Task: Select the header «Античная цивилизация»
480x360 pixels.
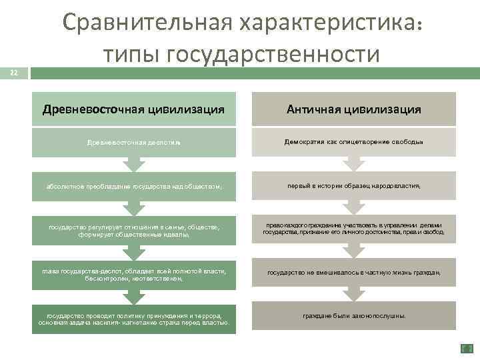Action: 353,109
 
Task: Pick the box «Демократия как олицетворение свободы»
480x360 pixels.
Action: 353,143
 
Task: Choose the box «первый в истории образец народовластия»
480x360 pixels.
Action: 353,187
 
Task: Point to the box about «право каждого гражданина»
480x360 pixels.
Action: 353,229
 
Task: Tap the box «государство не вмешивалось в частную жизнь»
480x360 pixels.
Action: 353,273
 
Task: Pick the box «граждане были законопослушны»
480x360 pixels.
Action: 353,316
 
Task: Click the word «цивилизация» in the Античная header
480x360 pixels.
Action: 387,109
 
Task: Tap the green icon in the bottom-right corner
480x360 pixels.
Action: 466,348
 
